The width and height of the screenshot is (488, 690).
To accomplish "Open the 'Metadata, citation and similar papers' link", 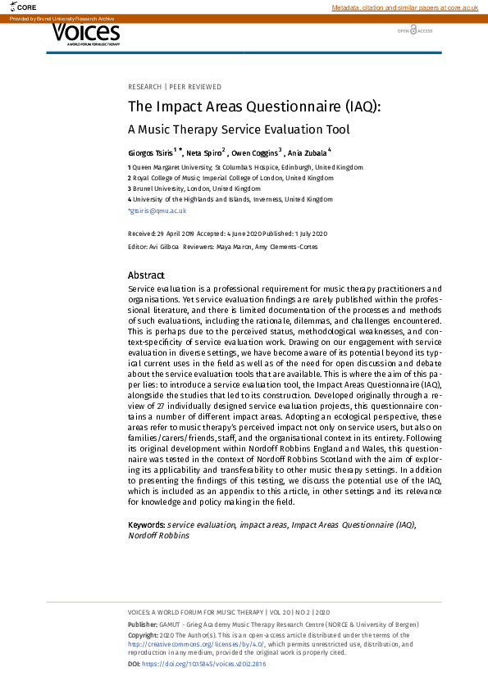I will click(404, 7).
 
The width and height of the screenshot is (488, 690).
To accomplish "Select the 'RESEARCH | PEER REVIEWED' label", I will click(175, 87).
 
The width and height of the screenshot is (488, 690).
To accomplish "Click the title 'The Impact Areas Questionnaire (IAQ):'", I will click(254, 107).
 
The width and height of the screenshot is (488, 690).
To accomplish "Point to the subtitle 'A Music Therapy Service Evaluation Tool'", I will click(239, 129).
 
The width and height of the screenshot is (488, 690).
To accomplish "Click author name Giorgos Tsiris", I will click(150, 153).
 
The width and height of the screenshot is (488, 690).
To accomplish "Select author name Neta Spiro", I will click(203, 153).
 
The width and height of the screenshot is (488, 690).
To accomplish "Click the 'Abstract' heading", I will click(146, 276).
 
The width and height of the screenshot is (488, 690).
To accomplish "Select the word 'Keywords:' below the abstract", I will click(147, 524).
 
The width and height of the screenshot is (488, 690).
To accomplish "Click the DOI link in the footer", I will click(204, 664).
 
